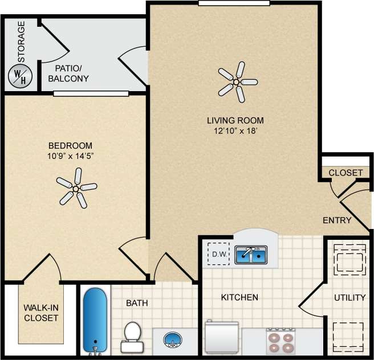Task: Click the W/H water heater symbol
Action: point(19,77)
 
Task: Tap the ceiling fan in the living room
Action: point(236,82)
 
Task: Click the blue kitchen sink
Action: point(251,255)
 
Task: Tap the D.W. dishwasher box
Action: point(217,254)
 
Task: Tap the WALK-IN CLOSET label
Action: point(41,313)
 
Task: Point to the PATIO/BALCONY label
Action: point(68,73)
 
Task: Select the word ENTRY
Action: point(337,220)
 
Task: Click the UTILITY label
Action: point(349,297)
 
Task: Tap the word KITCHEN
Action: point(239,297)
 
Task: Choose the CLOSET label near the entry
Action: point(345,173)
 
